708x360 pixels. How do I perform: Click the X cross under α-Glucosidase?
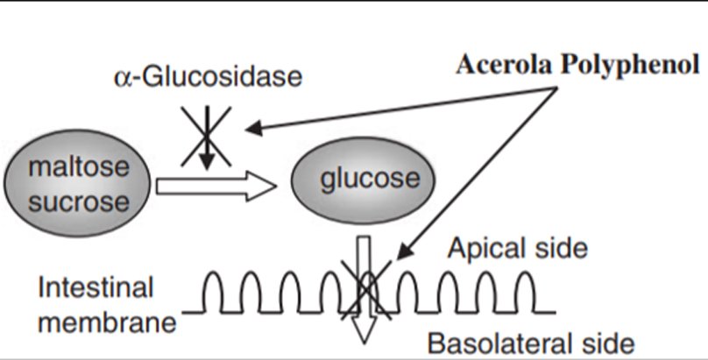coord(207,135)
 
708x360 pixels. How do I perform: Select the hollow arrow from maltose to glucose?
coord(216,185)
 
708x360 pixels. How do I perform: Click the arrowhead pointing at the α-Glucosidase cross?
coord(251,129)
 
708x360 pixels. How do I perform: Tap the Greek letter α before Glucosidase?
coord(123,78)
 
